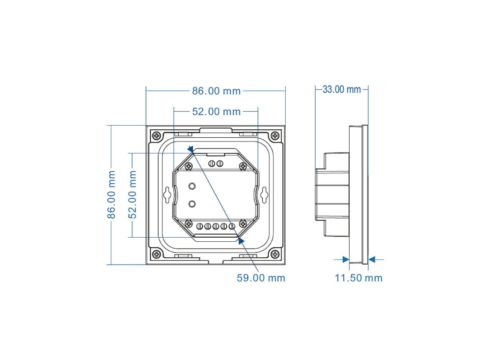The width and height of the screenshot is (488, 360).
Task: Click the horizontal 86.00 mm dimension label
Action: (x=216, y=91)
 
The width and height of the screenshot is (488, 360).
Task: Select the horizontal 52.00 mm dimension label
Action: (x=216, y=112)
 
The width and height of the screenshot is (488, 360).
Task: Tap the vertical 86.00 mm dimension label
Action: (x=112, y=195)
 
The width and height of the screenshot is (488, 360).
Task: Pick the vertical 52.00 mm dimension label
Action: (x=132, y=195)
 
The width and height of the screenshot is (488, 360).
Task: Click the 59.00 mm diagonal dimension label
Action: (x=261, y=278)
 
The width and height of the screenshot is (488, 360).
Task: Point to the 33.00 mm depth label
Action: (x=341, y=89)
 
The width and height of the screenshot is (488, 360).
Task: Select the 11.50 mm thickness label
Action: (x=359, y=278)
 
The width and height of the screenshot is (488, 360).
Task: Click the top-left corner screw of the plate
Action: (x=157, y=136)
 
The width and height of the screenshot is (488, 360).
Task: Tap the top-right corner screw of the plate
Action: (x=275, y=136)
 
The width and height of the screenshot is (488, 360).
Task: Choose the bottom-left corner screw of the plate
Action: (x=157, y=254)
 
